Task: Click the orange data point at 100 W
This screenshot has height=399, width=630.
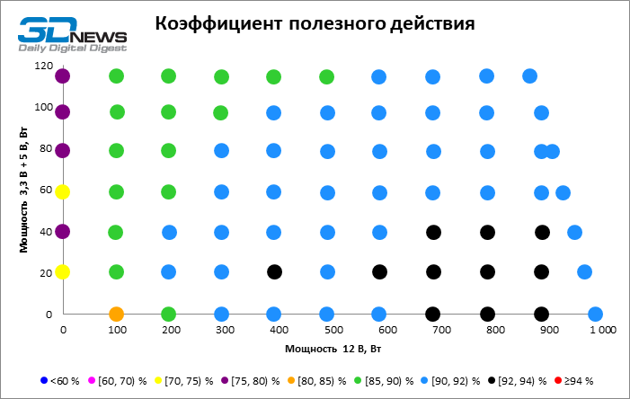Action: (116, 315)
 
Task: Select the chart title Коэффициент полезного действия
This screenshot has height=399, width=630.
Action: (315, 22)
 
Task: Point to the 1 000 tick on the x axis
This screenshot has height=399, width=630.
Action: (602, 331)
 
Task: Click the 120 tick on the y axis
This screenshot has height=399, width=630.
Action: (40, 66)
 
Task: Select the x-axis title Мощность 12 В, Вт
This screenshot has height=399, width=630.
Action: (327, 347)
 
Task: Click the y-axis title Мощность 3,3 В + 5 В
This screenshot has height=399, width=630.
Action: (15, 191)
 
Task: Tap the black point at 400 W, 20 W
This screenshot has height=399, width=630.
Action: (275, 271)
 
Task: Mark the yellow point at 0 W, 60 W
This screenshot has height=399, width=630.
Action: (62, 191)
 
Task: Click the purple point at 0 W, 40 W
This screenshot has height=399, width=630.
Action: (62, 231)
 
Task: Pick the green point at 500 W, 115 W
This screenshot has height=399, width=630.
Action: (327, 77)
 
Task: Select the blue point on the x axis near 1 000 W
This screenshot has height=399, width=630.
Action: (595, 315)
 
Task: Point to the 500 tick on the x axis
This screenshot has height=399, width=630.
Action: (332, 331)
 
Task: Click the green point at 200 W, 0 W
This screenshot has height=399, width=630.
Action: (168, 315)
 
